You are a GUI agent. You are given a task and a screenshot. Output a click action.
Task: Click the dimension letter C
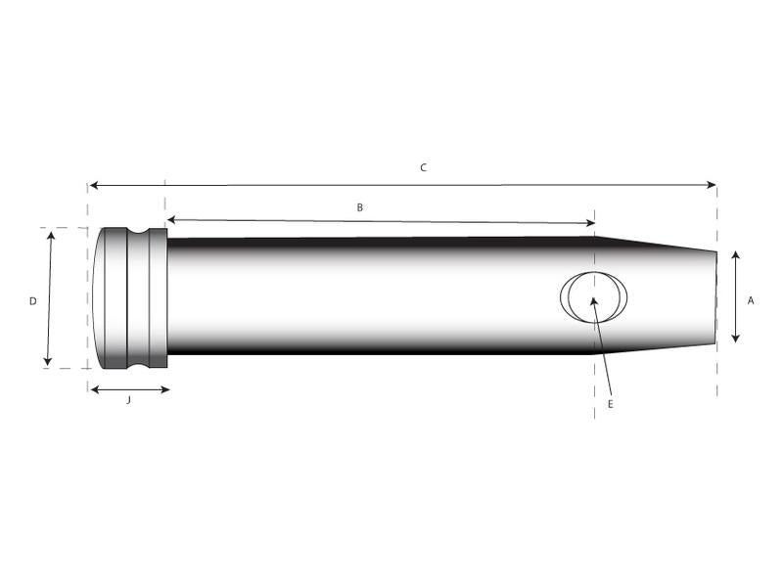point(423,168)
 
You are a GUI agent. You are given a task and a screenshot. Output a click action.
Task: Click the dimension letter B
point(359,207)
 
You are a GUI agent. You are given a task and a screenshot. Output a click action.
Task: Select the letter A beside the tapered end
point(751,301)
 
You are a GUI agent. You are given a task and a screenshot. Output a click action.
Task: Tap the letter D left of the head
point(32,301)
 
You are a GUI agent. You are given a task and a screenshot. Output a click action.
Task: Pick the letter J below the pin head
point(128,401)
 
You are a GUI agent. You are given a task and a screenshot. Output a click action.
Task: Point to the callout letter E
point(610,403)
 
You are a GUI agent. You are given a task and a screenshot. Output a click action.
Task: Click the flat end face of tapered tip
point(715,297)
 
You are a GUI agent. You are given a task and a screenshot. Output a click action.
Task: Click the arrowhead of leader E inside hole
point(593,301)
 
